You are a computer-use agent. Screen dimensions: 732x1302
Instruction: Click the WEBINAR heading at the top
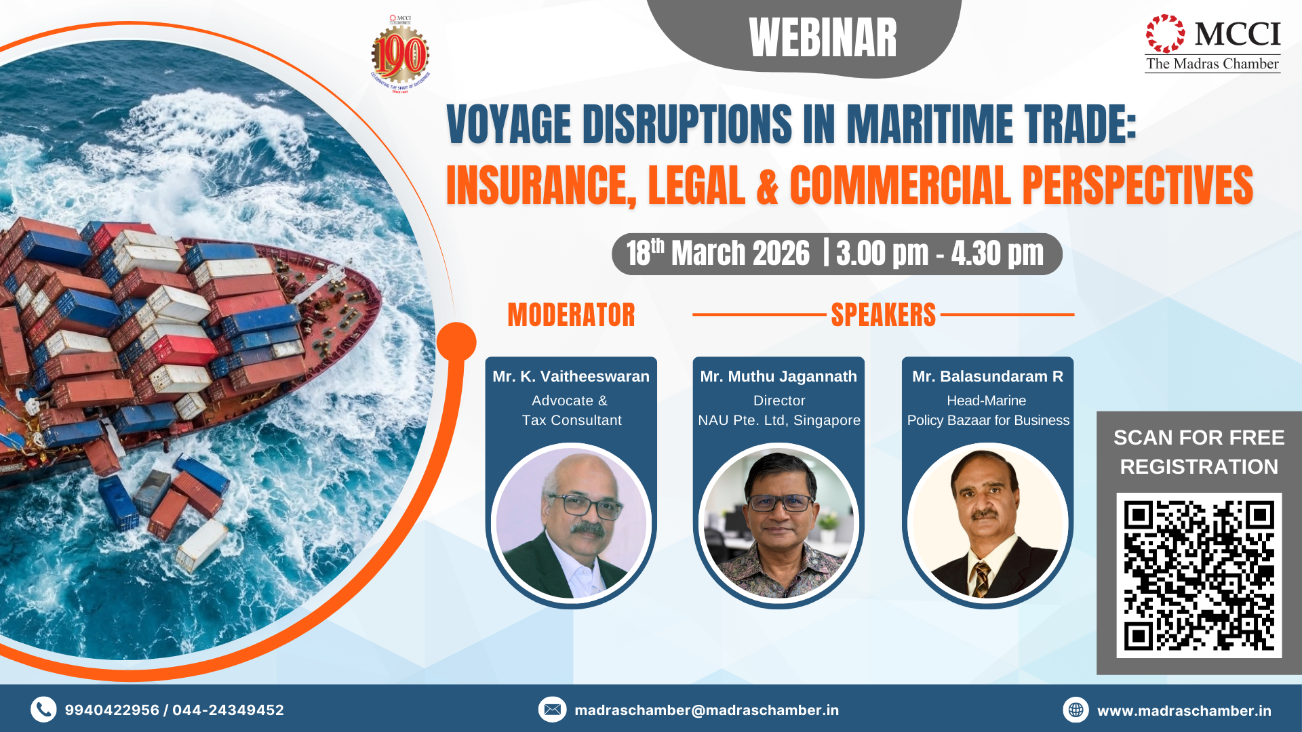(823, 38)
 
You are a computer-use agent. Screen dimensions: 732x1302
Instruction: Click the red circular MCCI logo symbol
(1165, 33)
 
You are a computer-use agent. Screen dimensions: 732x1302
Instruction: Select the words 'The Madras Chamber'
(1212, 64)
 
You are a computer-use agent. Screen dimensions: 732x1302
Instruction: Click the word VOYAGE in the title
(509, 125)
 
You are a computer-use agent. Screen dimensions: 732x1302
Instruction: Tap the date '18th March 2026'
(717, 253)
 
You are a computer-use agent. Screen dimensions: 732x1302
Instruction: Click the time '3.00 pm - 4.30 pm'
(940, 253)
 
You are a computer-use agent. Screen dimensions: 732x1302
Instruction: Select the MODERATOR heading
(571, 315)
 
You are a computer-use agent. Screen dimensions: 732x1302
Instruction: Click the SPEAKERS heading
(883, 315)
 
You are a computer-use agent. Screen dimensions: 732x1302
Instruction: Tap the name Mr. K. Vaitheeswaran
(571, 376)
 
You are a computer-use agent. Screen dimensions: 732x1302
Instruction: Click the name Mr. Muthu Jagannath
(778, 376)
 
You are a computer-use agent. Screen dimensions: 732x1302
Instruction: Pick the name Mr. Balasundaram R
(987, 376)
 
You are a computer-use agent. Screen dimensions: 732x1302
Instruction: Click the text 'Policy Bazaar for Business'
(988, 420)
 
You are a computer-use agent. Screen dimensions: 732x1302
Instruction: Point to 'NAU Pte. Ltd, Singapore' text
(779, 420)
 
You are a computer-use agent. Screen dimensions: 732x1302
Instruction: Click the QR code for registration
(1199, 575)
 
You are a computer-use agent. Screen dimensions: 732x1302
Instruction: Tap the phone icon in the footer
(43, 710)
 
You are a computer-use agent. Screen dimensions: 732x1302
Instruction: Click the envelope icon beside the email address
(552, 710)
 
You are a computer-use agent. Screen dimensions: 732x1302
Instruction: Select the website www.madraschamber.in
(1184, 710)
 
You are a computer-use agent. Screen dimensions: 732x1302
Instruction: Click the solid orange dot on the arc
(456, 342)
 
